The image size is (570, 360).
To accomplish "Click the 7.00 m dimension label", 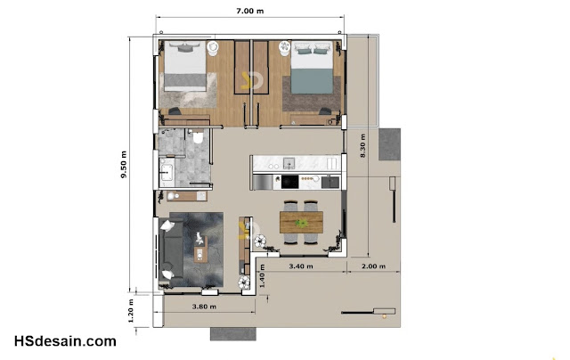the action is (x=249, y=11).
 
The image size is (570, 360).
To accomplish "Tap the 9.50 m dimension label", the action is (x=124, y=164).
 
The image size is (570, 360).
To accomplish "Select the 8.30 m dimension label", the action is (x=362, y=146).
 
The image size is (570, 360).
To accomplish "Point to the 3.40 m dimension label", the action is (x=301, y=266).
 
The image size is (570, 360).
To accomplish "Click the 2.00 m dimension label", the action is (x=373, y=266).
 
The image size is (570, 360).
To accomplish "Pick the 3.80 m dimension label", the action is (x=204, y=307).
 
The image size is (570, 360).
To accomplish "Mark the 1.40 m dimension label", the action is (x=262, y=276).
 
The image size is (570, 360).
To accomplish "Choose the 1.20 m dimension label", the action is (x=131, y=311).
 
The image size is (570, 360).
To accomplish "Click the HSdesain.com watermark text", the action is (x=65, y=341).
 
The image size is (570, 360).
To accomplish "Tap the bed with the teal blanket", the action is (x=312, y=68).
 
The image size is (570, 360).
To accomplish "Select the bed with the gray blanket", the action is (x=185, y=66).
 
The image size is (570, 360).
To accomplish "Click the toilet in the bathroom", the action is (x=198, y=136).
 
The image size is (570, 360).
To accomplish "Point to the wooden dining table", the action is (x=301, y=222).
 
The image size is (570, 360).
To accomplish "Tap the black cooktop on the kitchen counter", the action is (x=290, y=182).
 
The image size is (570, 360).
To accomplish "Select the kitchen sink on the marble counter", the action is (x=289, y=163).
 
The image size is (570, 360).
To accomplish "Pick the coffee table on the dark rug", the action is (x=200, y=250).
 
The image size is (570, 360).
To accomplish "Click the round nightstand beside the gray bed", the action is (x=213, y=48).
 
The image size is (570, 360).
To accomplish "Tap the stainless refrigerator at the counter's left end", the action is (x=263, y=182).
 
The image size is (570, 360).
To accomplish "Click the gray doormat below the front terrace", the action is (x=233, y=334).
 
